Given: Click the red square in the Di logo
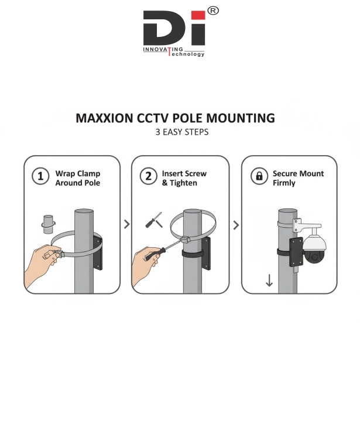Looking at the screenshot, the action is tap(198, 15).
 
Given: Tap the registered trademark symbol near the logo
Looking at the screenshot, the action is tap(213, 11).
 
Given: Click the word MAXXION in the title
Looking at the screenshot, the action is tap(104, 118).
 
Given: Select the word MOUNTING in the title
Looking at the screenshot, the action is tap(241, 118).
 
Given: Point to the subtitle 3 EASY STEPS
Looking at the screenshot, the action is tap(182, 132).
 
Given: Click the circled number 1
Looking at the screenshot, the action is tap(40, 176).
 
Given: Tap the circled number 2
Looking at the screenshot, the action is tap(148, 176).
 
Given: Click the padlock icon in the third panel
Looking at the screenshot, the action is tap(259, 176).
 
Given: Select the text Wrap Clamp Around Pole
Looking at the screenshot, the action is tap(78, 178).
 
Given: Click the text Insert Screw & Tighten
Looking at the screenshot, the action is tap(184, 178).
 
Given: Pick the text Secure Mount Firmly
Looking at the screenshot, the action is tap(298, 178).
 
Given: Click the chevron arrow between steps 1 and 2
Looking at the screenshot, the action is tap(127, 224).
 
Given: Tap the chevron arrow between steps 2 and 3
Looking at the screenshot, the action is tap(236, 225).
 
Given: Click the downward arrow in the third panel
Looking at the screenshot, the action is tap(269, 281).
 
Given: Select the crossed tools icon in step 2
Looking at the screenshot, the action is tap(154, 220).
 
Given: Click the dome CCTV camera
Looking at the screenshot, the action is tap(314, 249).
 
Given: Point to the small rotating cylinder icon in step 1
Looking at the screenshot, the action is tap(49, 224).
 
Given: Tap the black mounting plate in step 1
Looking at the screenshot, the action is tap(98, 253).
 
